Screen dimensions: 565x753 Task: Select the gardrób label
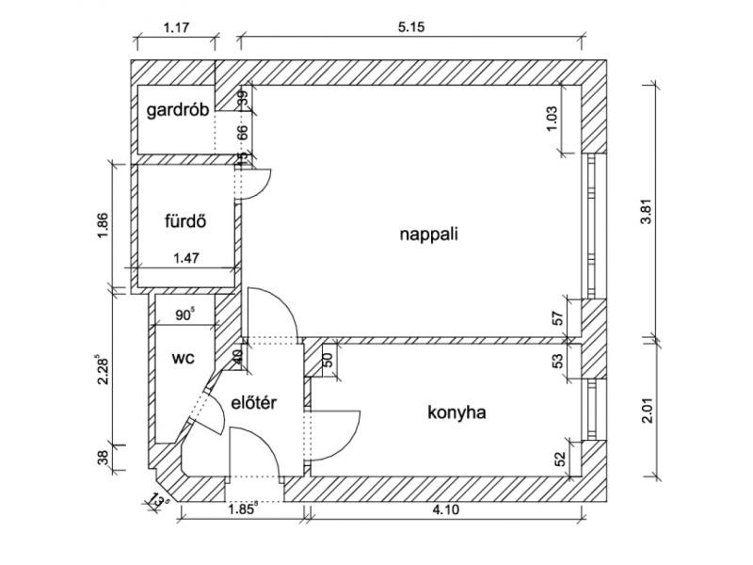[x=178, y=110]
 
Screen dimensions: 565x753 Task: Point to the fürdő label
[x=184, y=223]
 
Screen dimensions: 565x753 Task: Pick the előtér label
[x=251, y=402]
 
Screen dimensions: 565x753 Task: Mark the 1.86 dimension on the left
[x=104, y=226]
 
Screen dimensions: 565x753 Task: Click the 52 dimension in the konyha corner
[x=561, y=459]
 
